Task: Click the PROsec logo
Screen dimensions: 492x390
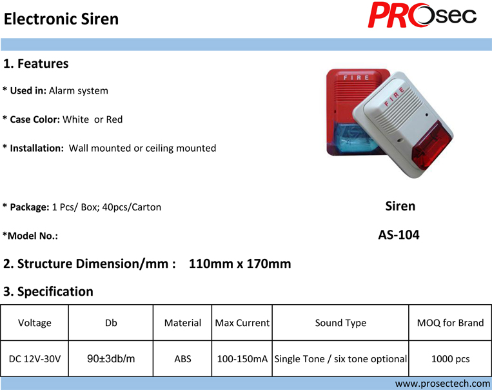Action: click(422, 15)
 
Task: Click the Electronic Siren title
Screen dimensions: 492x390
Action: click(61, 19)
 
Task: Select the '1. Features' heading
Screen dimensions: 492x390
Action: click(35, 63)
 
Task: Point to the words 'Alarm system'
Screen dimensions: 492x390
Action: click(79, 91)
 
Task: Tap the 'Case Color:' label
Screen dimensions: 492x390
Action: click(35, 119)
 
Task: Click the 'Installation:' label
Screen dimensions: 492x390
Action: click(37, 148)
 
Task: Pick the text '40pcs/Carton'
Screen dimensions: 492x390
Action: click(132, 207)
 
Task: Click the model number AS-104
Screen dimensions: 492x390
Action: click(399, 235)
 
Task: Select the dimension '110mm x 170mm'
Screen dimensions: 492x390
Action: click(240, 263)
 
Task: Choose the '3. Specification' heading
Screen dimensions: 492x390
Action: click(48, 291)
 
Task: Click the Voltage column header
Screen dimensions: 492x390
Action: click(35, 323)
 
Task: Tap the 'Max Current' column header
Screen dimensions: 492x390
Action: click(242, 323)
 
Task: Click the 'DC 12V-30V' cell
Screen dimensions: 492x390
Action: click(35, 358)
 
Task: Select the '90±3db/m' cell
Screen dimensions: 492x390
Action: click(111, 358)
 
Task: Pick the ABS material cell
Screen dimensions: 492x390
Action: click(182, 358)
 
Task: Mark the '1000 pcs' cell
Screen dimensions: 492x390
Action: click(450, 358)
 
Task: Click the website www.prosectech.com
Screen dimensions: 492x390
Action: click(442, 384)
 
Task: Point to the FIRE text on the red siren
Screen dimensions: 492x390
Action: click(356, 77)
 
